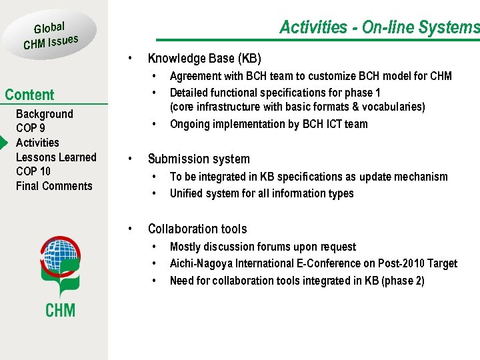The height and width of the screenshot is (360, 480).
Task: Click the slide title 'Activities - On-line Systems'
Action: [379, 27]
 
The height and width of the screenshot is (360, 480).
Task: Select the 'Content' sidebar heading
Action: [29, 95]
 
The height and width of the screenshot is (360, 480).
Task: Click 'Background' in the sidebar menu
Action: [44, 114]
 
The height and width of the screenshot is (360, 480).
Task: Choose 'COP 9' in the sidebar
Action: [31, 128]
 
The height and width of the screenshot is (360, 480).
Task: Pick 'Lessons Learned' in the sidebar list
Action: [56, 157]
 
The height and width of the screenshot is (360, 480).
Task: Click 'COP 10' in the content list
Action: [33, 171]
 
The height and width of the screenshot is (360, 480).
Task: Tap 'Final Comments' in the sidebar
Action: [54, 186]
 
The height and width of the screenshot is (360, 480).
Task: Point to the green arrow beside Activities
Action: [5, 143]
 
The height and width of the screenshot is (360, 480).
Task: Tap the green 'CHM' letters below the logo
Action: [60, 310]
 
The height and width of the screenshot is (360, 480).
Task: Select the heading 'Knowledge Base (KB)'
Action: [204, 58]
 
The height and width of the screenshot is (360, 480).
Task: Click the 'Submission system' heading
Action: [199, 159]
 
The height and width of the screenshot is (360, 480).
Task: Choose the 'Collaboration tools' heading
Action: [197, 229]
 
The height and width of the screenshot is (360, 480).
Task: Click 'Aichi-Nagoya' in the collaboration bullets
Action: [200, 263]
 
